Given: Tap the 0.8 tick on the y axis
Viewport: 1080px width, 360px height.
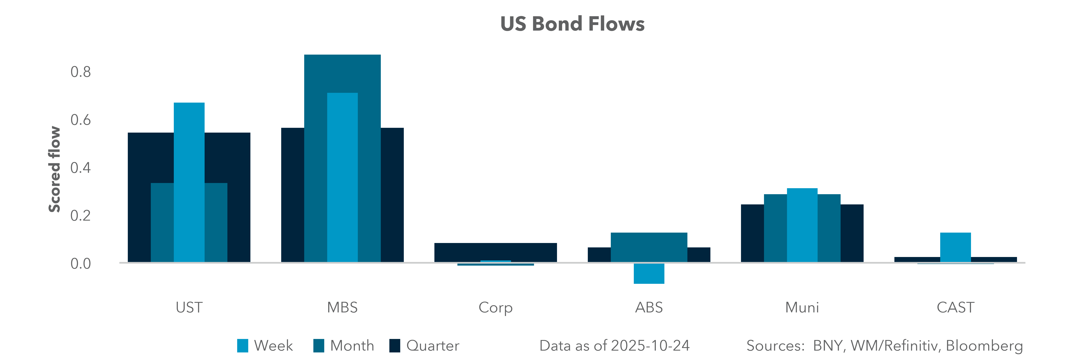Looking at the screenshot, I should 80,72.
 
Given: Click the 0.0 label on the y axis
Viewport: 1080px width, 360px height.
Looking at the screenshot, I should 80,264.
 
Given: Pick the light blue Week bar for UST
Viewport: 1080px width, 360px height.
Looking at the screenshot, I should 189,182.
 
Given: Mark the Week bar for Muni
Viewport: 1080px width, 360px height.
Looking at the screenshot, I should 802,225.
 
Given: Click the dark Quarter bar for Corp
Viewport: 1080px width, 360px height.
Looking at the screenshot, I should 496,251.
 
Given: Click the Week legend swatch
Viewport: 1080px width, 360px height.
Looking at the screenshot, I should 242,346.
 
